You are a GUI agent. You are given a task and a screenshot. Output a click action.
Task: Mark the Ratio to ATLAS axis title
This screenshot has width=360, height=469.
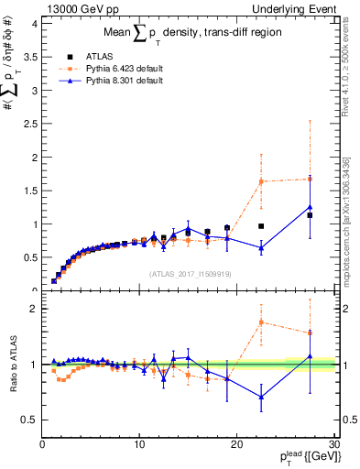click(x=13, y=365)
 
